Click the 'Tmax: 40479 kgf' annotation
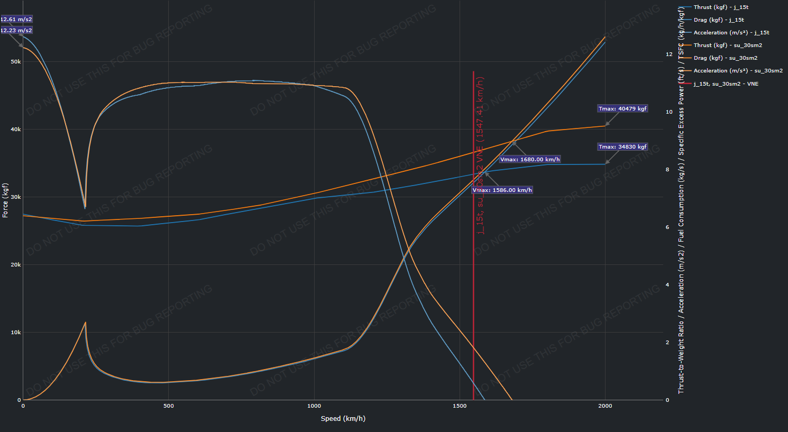(622, 109)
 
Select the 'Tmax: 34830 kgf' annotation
(622, 147)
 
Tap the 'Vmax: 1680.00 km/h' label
(529, 160)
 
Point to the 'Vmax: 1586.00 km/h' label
(502, 190)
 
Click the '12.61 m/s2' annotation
(16, 20)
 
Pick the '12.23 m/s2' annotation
(16, 31)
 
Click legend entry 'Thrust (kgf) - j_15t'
(720, 7)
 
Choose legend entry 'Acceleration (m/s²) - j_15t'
(731, 33)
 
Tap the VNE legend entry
(726, 84)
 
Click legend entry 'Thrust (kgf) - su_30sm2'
(727, 45)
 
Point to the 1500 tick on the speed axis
(460, 406)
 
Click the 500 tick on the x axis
(169, 406)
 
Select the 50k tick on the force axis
(16, 62)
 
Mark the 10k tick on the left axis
(16, 333)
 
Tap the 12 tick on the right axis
(669, 54)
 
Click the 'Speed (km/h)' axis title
(343, 419)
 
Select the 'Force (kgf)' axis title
(5, 201)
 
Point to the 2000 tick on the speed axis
(605, 406)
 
